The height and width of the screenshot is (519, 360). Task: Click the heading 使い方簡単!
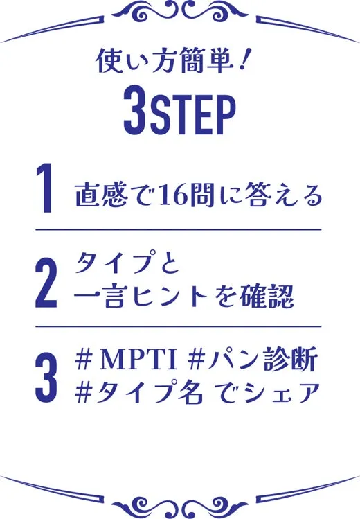pos(171,61)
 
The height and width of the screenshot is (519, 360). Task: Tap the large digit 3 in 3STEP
pos(135,116)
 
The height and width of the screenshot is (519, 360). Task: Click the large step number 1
pos(45,188)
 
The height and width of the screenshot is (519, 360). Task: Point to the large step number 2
pos(46,283)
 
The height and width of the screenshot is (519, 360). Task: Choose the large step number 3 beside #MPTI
pos(46,378)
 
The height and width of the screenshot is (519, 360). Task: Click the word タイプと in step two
pos(127,262)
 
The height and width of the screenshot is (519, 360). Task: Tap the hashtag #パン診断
pos(252,360)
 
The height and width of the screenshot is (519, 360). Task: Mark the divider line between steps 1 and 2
pos(179,229)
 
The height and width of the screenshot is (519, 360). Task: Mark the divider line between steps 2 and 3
pos(179,326)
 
